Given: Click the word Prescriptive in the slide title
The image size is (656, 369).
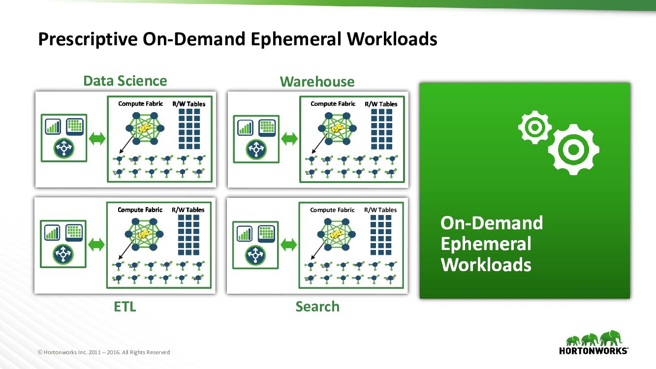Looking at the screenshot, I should click(88, 39).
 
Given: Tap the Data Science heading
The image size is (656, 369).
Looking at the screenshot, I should click(125, 81).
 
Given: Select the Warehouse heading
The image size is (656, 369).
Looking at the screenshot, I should click(317, 82).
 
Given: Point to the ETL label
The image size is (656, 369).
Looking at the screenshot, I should click(125, 307).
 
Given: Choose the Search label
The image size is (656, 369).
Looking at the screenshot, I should click(317, 307).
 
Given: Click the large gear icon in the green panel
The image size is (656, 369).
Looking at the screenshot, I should click(573, 150).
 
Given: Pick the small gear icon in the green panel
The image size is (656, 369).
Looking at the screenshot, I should click(534, 127).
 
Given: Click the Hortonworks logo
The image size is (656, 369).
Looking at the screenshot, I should click(594, 342).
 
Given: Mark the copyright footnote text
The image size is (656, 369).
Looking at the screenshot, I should click(104, 352).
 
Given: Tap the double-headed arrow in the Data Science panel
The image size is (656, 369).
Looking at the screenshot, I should click(97, 139).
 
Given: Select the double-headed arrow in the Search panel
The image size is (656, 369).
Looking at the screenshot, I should click(289, 245).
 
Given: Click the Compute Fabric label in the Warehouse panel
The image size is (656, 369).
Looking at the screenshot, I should click(333, 104).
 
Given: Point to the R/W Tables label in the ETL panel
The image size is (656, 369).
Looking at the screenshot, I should click(188, 210).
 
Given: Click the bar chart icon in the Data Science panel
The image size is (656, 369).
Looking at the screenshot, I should click(53, 126).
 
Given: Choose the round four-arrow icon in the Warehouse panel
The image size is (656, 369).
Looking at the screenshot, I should click(256, 148).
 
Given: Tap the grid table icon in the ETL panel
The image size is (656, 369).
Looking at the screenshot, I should click(74, 232).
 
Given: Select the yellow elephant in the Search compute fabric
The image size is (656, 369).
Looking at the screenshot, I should click(337, 234).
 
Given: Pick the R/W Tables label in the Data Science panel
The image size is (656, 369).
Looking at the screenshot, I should click(188, 104).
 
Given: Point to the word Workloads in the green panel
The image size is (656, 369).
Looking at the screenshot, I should click(486, 265).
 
